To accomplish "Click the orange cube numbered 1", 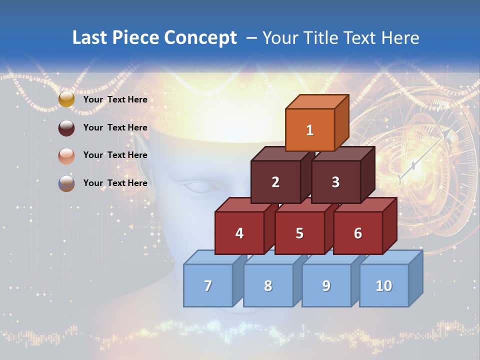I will point(310,130).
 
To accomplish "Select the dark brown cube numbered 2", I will point(275,182).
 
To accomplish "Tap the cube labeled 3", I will point(335,182).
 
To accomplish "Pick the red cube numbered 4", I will point(239,233).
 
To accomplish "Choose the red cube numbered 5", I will point(299,233).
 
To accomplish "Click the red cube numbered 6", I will point(358,233).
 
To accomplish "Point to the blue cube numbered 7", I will point(208,285).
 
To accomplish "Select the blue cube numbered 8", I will point(268,285).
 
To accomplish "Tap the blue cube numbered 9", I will point(326,285).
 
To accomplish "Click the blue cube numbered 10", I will point(383,285).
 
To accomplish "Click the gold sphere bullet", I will point(66,99).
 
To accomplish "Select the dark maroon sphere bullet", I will point(66,127).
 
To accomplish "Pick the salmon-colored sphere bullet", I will point(66,155).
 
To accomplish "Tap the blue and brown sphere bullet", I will point(66,183).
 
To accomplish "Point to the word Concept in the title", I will point(200,38).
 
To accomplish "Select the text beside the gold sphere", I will point(115,99).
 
